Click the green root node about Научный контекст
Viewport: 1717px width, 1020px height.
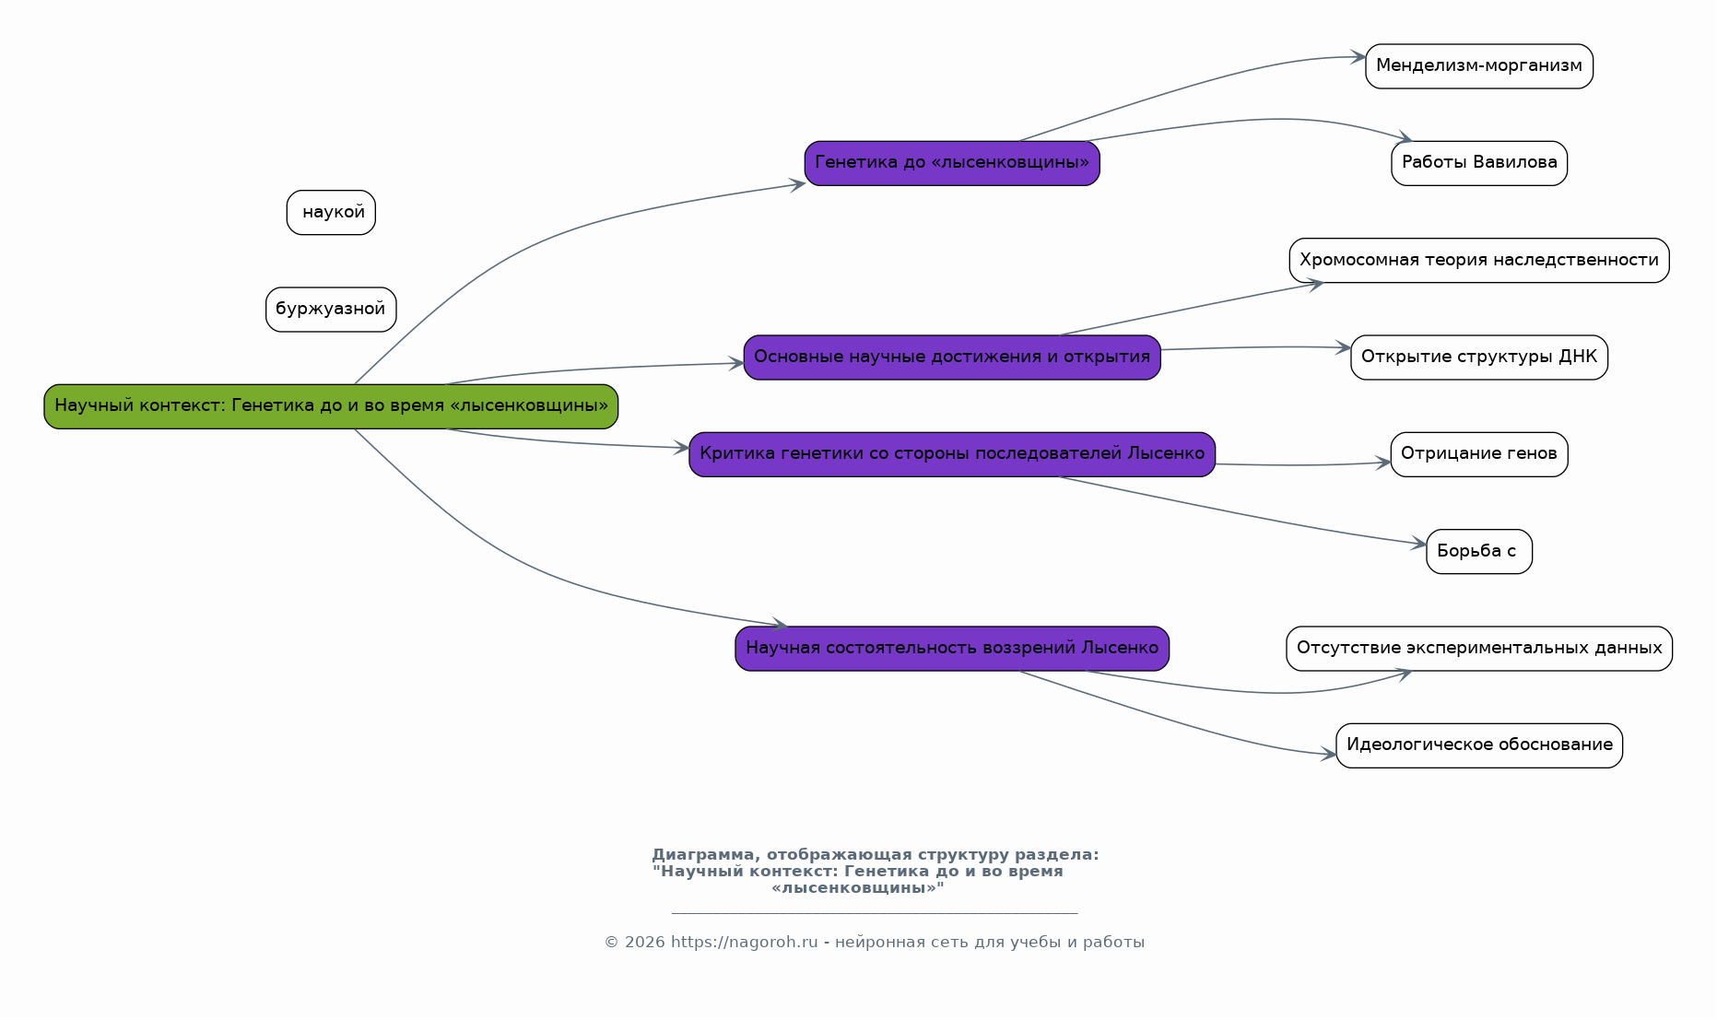point(331,406)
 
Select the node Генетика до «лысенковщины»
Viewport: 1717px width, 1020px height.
point(952,163)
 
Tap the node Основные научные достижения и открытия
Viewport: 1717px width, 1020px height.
point(952,358)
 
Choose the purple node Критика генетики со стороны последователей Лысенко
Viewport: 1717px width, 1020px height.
point(952,454)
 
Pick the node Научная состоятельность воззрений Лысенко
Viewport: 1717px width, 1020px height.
point(952,649)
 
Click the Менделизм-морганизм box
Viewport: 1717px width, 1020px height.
point(1479,66)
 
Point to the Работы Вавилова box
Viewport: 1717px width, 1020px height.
point(1479,163)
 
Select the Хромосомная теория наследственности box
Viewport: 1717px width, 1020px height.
point(1479,261)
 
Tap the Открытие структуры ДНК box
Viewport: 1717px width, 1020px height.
point(1479,358)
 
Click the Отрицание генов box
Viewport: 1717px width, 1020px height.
point(1479,454)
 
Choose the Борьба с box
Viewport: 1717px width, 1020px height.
point(1479,552)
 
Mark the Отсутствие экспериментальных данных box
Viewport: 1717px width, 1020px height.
point(1479,649)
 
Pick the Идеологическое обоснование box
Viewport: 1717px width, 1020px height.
point(1479,745)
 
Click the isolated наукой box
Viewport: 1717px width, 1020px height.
point(331,213)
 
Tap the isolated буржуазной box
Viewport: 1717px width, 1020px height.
point(331,310)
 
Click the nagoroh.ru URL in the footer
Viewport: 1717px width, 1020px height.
point(744,942)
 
